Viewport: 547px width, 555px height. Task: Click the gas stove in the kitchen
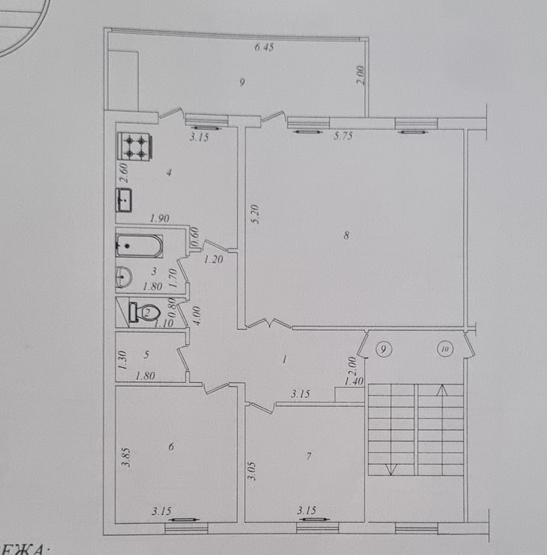(136, 147)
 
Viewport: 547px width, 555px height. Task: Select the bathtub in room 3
(140, 246)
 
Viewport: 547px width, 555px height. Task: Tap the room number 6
(170, 446)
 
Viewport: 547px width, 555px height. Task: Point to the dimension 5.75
(342, 136)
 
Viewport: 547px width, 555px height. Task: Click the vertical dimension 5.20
(254, 214)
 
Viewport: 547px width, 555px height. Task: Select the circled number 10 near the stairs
(443, 348)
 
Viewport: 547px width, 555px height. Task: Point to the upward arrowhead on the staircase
(442, 388)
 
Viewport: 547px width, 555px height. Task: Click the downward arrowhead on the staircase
(389, 469)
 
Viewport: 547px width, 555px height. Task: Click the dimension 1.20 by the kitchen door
(212, 259)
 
